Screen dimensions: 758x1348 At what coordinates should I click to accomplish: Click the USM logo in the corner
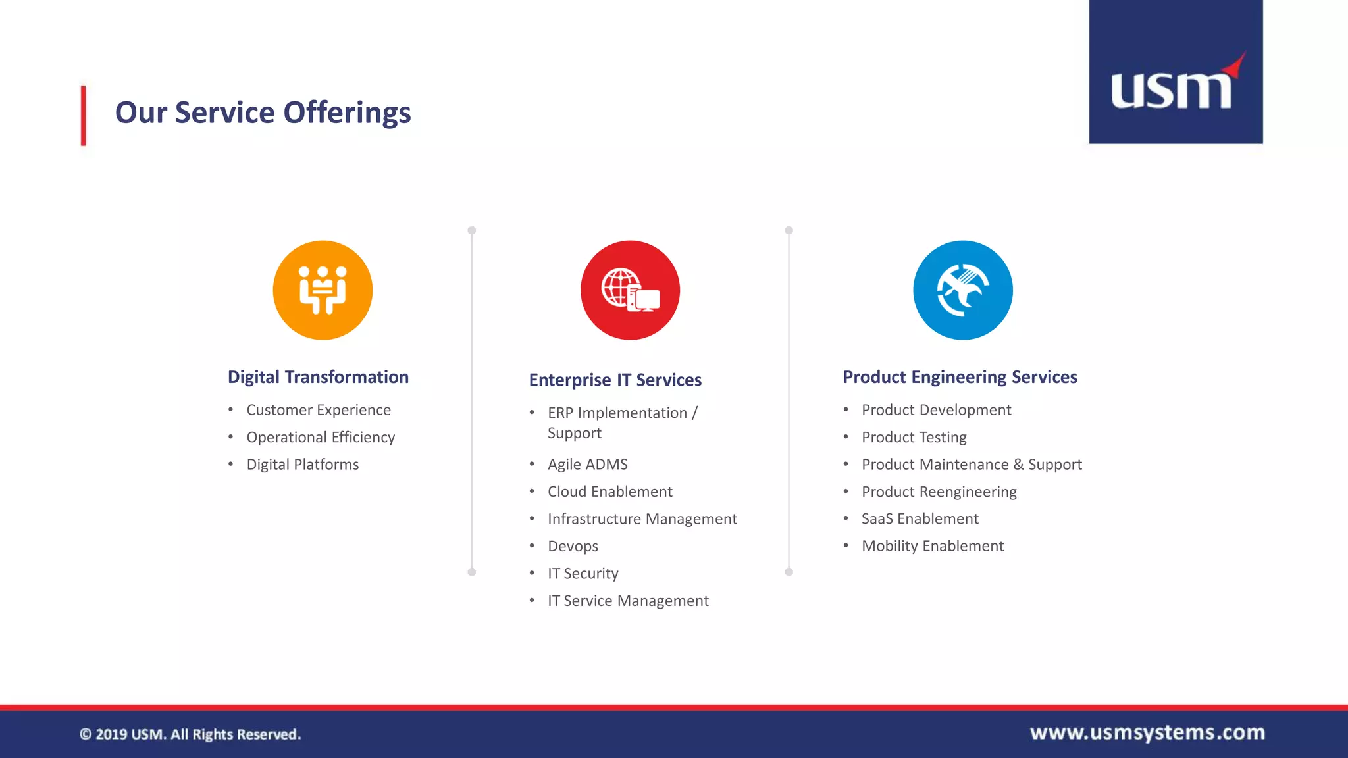pos(1176,72)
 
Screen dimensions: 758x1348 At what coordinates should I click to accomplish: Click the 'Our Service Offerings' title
pos(263,113)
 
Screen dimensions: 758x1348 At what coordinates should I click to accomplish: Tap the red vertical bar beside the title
pos(84,115)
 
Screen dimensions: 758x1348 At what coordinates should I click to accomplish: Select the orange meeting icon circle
pos(323,290)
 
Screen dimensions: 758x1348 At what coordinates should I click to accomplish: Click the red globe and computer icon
pos(630,290)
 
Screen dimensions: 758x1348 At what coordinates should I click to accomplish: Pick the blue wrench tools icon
pos(962,290)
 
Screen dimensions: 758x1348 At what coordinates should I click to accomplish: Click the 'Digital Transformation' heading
pos(318,377)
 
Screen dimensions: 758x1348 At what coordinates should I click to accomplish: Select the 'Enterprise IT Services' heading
pos(615,380)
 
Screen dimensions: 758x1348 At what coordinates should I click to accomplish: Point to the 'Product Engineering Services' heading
pos(960,377)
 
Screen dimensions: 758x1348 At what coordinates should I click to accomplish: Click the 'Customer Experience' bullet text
pos(319,410)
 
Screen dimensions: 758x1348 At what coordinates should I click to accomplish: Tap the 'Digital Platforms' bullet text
pos(303,465)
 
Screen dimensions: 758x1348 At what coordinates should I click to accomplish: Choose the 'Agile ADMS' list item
pos(587,465)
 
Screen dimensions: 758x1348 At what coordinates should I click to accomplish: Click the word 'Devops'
pos(573,546)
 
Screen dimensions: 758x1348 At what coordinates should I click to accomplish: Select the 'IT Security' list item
pos(583,574)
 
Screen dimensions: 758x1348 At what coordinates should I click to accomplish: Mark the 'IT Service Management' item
pos(628,601)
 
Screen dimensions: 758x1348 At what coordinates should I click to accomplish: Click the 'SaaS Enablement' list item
pos(920,519)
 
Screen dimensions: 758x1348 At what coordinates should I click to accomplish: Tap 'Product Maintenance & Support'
pos(972,465)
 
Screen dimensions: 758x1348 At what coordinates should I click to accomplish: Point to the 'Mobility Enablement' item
pos(932,546)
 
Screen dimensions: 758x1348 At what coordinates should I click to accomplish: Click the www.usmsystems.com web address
pos(1147,732)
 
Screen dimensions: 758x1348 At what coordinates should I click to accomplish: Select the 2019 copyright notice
pos(190,734)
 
